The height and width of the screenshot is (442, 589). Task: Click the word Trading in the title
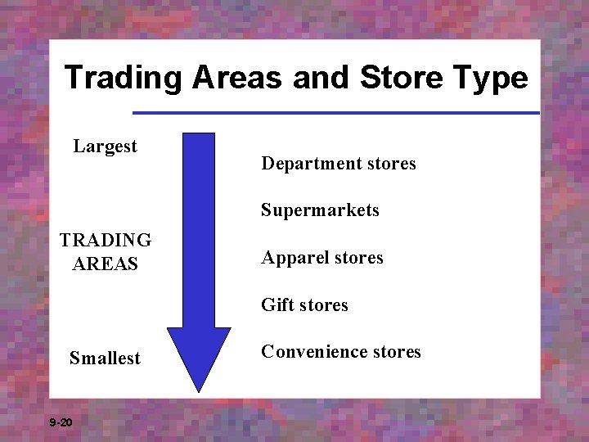[124, 79]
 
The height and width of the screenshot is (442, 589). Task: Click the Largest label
[105, 147]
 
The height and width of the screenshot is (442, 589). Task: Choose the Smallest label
[105, 359]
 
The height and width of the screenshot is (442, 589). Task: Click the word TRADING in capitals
[106, 241]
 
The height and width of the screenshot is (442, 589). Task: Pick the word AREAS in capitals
[106, 264]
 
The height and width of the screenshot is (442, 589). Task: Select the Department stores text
[338, 164]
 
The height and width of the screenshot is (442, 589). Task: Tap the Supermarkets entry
[320, 210]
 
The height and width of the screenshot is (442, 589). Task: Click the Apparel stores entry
[321, 258]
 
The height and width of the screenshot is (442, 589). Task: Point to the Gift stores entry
[304, 305]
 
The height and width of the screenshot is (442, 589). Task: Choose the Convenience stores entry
[340, 352]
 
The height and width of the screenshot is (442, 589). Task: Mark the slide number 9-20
[61, 422]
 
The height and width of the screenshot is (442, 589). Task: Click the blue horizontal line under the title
[335, 112]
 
